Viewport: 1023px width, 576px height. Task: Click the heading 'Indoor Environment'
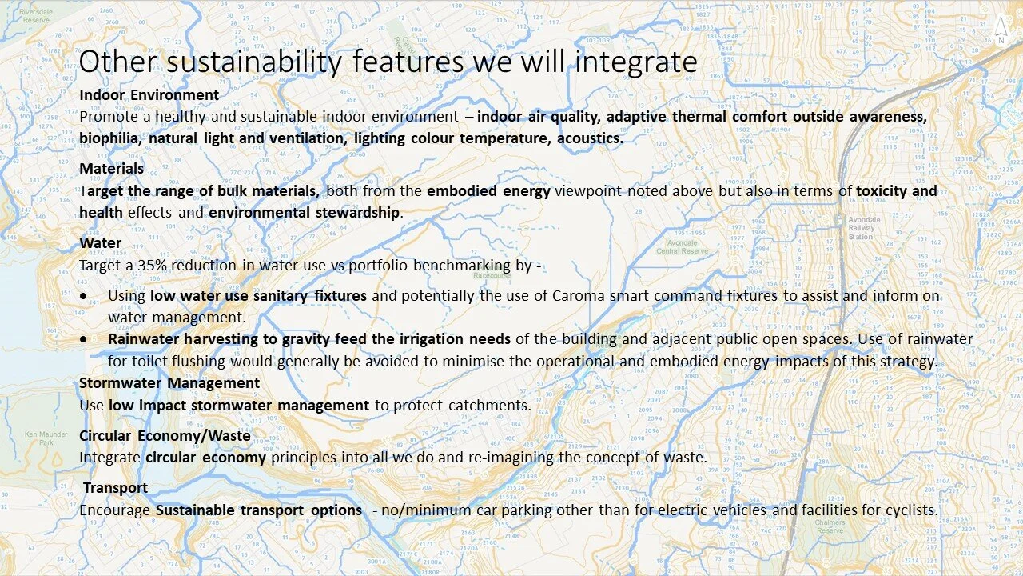pos(149,95)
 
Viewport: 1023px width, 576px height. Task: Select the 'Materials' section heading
pos(111,169)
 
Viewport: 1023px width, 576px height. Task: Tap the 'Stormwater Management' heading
pos(169,383)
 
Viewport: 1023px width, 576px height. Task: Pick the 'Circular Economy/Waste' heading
pos(165,436)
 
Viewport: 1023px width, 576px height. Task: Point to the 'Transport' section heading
pos(115,488)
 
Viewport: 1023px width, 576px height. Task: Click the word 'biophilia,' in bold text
pos(110,138)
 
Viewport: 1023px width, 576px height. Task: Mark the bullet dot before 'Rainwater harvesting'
pos(84,339)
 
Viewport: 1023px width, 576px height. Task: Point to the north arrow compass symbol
pos(1001,30)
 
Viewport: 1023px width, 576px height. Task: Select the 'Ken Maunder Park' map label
pos(38,438)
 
